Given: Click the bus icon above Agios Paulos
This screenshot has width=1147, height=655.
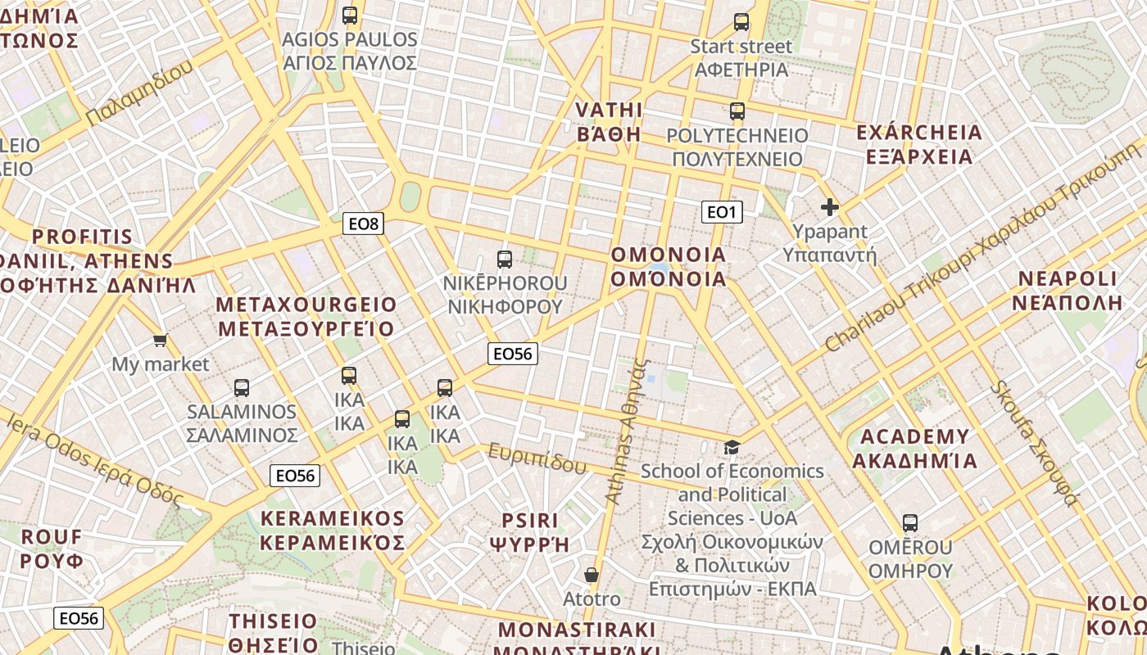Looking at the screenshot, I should [x=350, y=15].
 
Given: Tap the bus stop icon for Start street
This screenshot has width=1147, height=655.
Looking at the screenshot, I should [x=741, y=22].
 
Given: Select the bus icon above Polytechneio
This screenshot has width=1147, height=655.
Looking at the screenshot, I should [x=737, y=111].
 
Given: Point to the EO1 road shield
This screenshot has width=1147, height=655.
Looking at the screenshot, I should [x=722, y=213].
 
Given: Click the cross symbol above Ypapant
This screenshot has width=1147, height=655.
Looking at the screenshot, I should [x=830, y=207].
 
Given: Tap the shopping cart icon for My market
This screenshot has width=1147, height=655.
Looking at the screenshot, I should [x=161, y=340].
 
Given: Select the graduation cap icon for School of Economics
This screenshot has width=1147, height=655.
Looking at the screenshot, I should [x=732, y=447].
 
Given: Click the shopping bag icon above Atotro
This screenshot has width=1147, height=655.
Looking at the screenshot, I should [x=592, y=575].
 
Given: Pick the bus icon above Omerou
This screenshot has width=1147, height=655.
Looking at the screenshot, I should [x=909, y=522].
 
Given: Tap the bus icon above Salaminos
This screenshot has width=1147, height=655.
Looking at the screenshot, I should [x=242, y=387].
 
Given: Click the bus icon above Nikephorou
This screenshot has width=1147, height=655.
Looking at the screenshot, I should [x=505, y=260].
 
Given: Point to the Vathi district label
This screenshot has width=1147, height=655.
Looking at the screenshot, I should [x=609, y=122].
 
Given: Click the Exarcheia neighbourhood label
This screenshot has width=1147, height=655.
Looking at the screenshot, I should [x=918, y=144].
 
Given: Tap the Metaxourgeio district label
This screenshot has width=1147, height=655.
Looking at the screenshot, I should [x=306, y=317].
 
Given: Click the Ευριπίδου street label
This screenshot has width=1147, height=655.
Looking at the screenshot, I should [x=537, y=458].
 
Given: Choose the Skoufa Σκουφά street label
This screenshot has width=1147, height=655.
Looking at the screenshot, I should [x=1035, y=443].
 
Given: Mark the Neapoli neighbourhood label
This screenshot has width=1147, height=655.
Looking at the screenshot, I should [x=1067, y=291].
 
